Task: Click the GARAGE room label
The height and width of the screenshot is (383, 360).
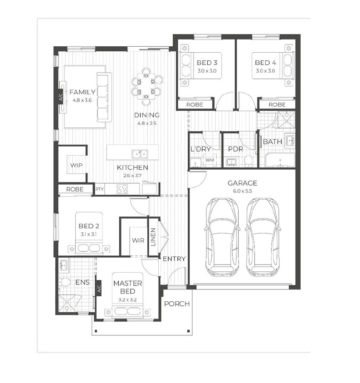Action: tap(243, 183)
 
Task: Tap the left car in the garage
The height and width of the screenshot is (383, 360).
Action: tap(222, 237)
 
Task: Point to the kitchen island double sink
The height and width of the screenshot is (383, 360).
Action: tap(140, 154)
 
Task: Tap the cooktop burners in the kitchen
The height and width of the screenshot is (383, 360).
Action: tap(122, 189)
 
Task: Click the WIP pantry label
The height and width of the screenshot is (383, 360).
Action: tap(76, 165)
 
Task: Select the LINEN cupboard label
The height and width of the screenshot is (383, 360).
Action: tap(153, 237)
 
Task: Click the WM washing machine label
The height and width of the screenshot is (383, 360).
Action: tap(209, 160)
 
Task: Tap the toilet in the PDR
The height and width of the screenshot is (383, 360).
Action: tap(248, 161)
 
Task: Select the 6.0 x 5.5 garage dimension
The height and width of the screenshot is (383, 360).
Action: tap(242, 191)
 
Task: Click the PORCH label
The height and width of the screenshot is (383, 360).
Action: tap(177, 304)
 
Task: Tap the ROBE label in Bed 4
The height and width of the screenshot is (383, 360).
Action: tap(277, 105)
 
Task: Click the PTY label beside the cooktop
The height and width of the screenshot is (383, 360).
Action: tap(100, 189)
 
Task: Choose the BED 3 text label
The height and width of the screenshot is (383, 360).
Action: tap(207, 63)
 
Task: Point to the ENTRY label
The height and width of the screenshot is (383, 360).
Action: tap(174, 259)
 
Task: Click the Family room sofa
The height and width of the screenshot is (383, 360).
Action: tap(104, 97)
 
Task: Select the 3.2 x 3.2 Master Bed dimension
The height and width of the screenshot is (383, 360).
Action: tap(127, 300)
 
